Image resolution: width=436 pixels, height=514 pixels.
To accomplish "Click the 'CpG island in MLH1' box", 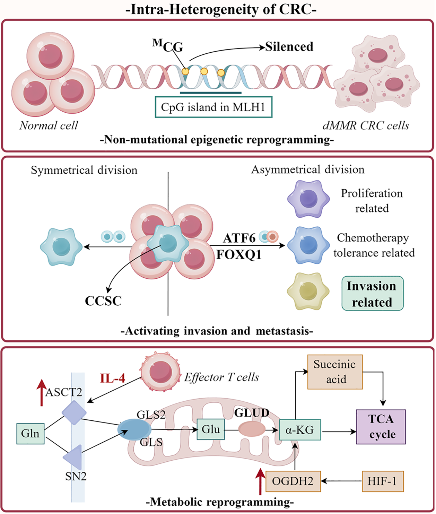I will coord(213,107).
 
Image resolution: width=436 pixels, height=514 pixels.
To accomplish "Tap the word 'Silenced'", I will coord(289,46).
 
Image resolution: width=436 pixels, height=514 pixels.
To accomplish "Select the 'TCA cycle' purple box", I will coord(381,427).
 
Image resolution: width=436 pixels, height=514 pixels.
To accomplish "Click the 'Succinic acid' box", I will coord(335,372).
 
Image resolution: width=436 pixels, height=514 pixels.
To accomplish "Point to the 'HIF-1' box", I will coord(383,481).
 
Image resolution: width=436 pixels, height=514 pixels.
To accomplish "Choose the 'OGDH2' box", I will coord(293,481).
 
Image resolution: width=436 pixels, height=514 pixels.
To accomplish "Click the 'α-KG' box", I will coord(300,430).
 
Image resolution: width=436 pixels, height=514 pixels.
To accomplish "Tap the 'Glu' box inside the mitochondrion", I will coord(211,429).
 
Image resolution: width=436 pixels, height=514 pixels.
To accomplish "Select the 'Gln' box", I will coord(30,433).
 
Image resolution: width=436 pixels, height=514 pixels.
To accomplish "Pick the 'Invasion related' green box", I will coord(372,294).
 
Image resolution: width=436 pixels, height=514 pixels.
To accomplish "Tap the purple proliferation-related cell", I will coord(308,199).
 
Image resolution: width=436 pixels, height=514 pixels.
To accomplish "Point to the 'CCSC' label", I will coord(103,301).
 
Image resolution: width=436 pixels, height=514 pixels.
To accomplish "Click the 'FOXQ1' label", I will coord(239,255).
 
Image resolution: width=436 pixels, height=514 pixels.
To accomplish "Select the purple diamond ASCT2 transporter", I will coord(74,412).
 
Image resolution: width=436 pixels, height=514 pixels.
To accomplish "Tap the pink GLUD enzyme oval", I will coord(252,429).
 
